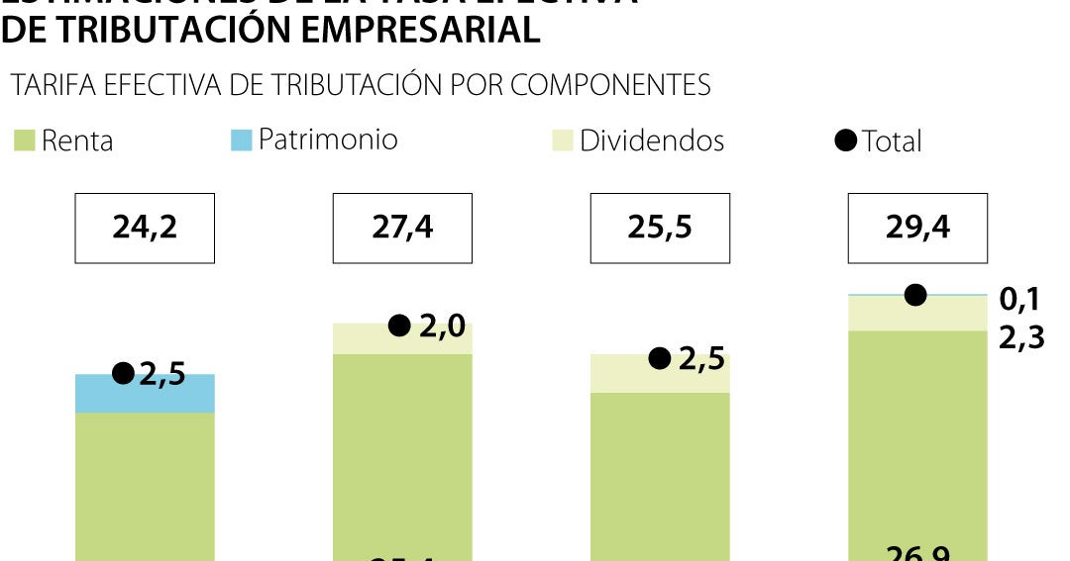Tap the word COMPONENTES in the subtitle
[610, 85]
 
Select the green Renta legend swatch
[25, 140]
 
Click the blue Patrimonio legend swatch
[241, 140]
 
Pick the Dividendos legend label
[652, 140]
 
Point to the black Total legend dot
[845, 140]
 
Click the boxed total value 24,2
[145, 229]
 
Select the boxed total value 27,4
[402, 229]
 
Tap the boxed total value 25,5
[660, 229]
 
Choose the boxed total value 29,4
[917, 229]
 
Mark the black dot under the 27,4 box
[398, 326]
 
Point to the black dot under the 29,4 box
[915, 294]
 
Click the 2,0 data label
[443, 326]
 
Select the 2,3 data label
[1020, 339]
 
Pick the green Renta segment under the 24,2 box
[145, 485]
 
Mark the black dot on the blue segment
[123, 373]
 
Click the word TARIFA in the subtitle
[52, 85]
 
